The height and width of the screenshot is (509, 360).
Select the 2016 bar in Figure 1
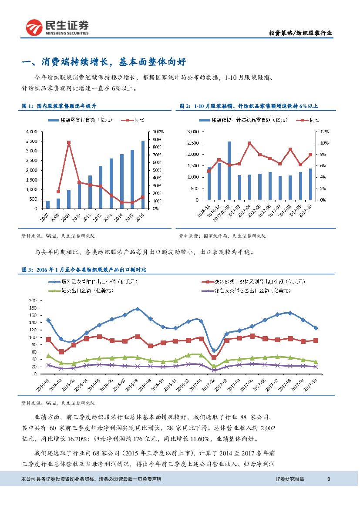[143, 174]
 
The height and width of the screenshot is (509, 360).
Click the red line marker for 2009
[68, 142]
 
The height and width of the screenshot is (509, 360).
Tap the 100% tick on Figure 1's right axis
[158, 131]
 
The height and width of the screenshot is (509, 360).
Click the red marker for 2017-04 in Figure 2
[249, 143]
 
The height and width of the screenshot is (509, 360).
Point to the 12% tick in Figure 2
[322, 131]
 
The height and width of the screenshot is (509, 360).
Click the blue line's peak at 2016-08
[138, 309]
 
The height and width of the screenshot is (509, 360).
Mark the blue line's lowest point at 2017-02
[214, 351]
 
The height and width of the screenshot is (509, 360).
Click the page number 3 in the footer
[329, 479]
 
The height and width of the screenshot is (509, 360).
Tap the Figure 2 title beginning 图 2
[249, 106]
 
